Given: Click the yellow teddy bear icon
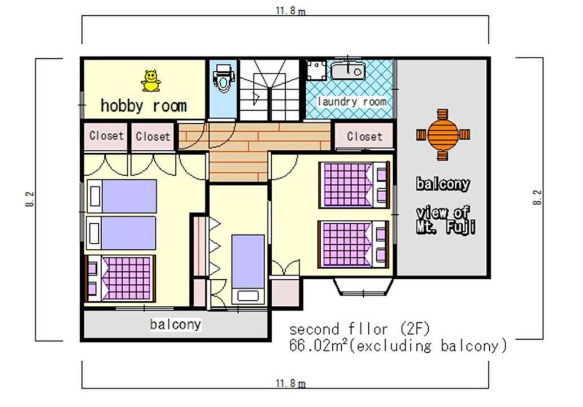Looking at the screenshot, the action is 151,81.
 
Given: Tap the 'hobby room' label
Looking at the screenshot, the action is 143,106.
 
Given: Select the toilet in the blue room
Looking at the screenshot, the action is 223,78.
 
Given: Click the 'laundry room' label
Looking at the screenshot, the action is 352,102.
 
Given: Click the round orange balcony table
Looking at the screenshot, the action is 443,135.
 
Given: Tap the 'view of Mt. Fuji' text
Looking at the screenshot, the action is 445,220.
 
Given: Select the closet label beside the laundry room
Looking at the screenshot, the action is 364,137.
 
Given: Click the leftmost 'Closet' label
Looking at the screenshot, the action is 106,136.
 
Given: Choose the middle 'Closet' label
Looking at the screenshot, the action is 153,136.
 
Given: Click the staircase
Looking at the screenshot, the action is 269,90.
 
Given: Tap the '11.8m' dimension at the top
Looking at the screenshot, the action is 290,10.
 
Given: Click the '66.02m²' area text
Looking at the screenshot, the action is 319,346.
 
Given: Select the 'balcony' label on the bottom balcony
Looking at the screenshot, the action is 176,324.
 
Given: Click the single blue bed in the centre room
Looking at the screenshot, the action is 248,269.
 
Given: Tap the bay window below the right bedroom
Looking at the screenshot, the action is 363,287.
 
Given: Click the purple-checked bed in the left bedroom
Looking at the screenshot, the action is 120,278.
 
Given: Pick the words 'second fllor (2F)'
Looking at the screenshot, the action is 359,329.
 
